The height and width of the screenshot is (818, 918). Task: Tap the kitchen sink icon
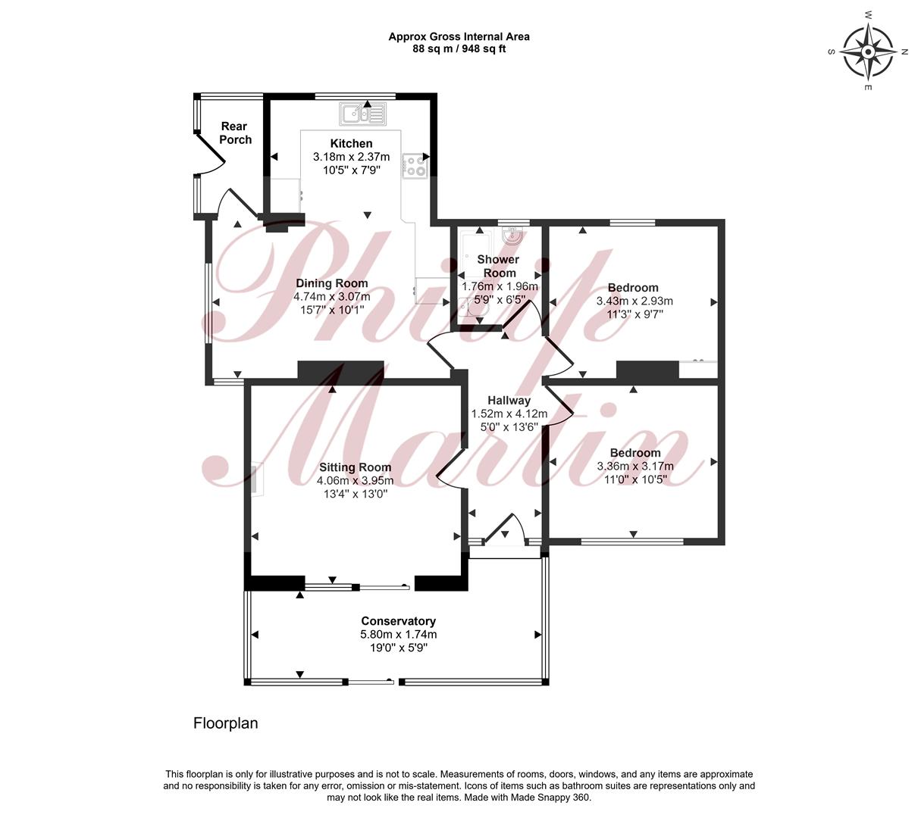click(362, 114)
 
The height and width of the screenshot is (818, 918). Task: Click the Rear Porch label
click(235, 133)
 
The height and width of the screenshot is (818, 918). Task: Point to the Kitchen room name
click(351, 143)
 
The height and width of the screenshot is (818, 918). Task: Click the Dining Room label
click(332, 283)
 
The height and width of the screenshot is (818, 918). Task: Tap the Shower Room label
click(499, 266)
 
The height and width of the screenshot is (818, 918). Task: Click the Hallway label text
click(509, 400)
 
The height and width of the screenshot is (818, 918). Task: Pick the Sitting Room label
click(356, 467)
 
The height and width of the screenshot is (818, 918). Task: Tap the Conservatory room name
click(398, 621)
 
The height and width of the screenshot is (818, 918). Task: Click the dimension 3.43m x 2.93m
click(634, 301)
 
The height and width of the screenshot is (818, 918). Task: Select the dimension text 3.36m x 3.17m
click(635, 466)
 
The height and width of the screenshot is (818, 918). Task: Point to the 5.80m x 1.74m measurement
click(398, 634)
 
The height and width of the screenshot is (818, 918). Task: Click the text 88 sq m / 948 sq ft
click(459, 49)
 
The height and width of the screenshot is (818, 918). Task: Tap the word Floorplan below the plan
click(226, 723)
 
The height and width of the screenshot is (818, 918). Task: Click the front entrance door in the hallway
click(504, 527)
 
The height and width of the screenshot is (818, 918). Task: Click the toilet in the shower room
click(474, 308)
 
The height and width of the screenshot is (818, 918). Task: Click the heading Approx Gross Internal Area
click(459, 36)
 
